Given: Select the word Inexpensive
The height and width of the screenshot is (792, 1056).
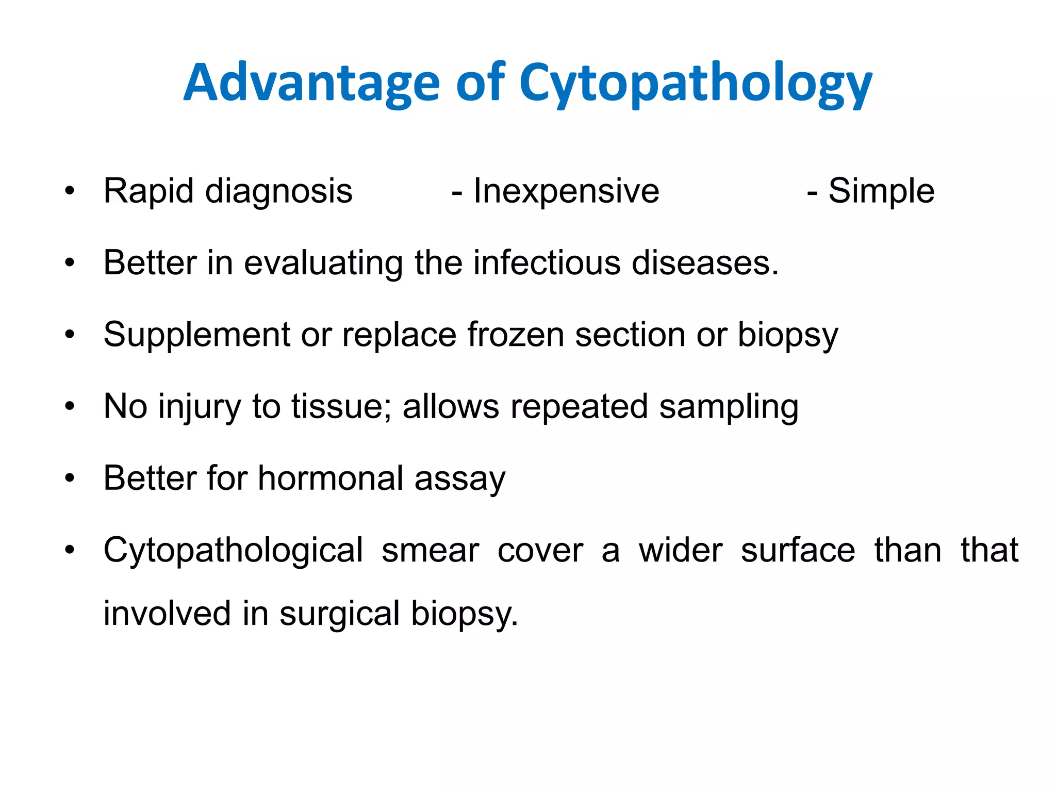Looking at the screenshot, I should (566, 191).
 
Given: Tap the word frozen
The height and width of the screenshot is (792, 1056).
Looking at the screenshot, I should (516, 335).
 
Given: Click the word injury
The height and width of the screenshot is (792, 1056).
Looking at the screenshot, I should (199, 407).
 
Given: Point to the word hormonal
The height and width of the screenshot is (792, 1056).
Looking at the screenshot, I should (331, 478).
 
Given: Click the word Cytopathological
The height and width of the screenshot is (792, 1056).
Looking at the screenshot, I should (233, 551).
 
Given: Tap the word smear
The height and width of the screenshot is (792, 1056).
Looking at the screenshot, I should (430, 551).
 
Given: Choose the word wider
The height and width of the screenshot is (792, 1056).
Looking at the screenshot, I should (680, 551).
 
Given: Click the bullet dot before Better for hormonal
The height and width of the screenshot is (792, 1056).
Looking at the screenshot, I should (70, 478).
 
